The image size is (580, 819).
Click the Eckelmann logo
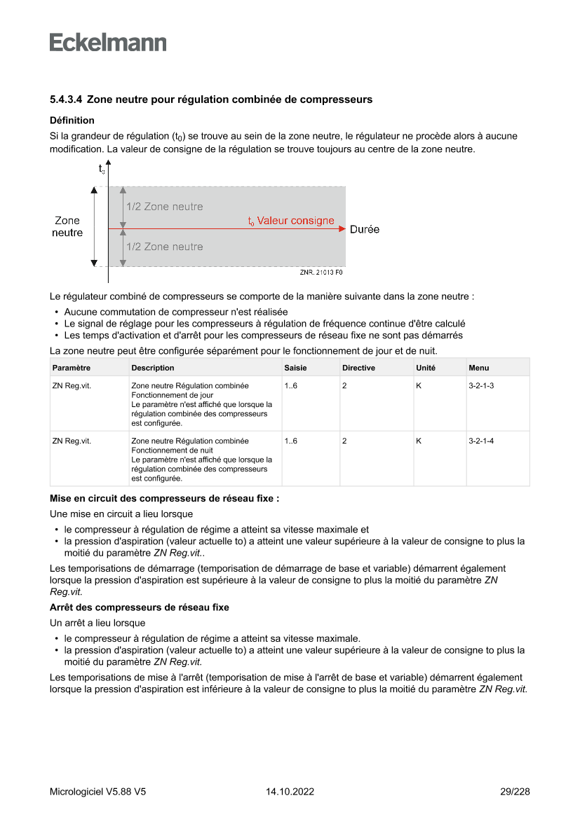108,42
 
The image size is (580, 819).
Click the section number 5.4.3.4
67,99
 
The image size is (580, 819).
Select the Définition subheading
72,121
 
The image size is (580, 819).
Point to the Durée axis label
365,229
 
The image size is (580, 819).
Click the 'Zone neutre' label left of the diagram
67,226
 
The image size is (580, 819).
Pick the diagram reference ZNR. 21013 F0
321,272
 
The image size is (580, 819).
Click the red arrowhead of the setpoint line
342,228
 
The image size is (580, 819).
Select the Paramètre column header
72,368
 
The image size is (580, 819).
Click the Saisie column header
295,368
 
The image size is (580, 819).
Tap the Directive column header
358,368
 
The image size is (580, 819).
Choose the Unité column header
426,368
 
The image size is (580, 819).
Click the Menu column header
479,368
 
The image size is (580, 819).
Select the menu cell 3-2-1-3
481,385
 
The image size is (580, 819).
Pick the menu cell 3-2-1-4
481,441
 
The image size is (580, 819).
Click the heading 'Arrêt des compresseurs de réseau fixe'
139,607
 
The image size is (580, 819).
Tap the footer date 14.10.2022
290,792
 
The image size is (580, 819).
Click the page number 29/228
515,792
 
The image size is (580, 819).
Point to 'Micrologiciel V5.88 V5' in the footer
98,792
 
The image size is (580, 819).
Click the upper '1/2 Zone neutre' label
165,207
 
